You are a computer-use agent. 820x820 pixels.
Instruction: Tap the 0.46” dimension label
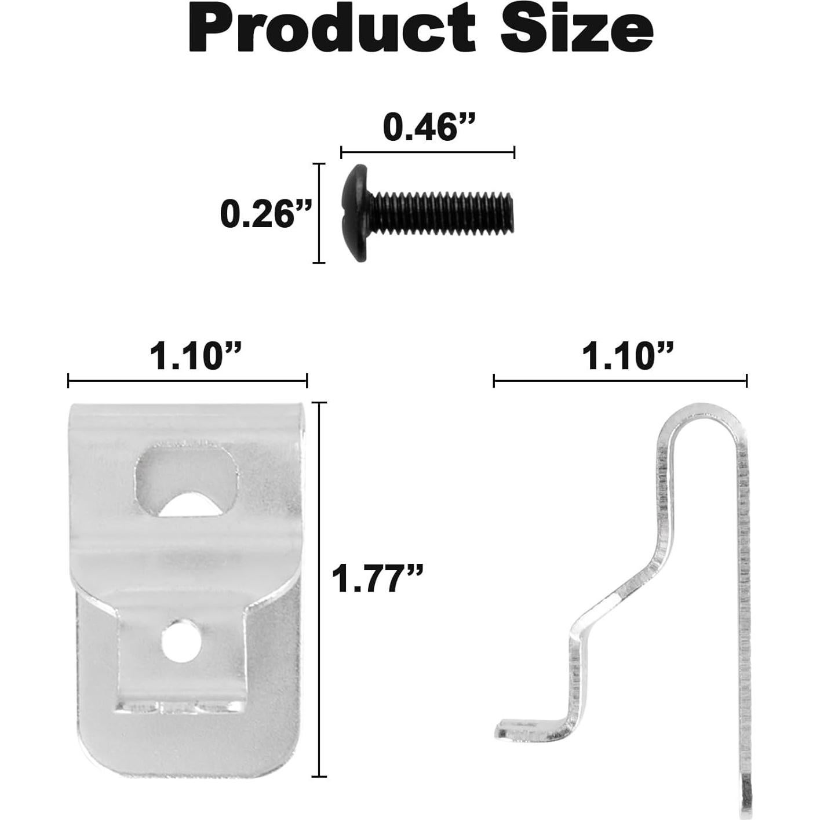(x=428, y=127)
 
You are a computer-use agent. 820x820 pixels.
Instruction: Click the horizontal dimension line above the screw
(x=428, y=152)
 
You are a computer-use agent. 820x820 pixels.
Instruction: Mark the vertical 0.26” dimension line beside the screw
(x=319, y=213)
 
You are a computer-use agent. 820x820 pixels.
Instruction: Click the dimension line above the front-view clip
(x=187, y=381)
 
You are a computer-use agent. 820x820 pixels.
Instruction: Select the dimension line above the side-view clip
(x=620, y=381)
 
